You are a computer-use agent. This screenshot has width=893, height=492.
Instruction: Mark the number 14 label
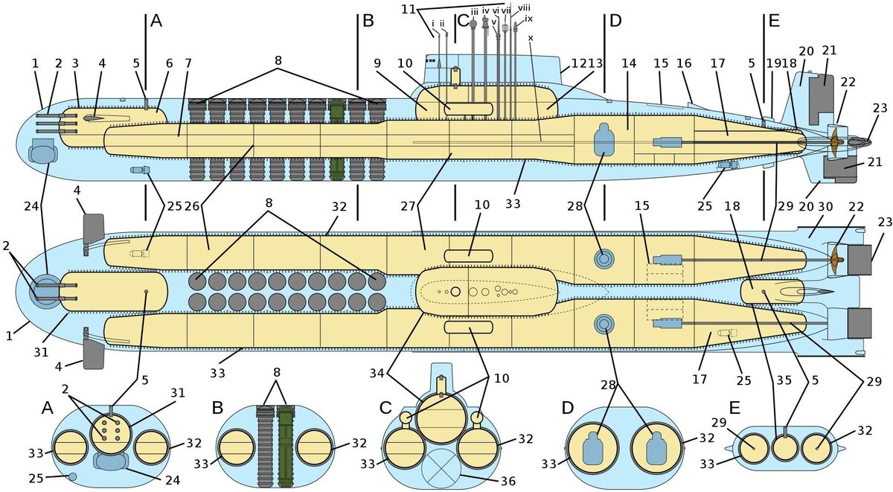pyautogui.click(x=629, y=64)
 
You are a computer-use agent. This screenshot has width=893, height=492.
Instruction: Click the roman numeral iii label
pyautogui.click(x=474, y=11)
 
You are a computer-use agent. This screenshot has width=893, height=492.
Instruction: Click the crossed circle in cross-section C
pyautogui.click(x=443, y=467)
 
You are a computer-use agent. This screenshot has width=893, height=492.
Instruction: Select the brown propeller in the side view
pyautogui.click(x=834, y=139)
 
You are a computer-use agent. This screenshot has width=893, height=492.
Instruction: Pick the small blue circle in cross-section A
pyautogui.click(x=73, y=476)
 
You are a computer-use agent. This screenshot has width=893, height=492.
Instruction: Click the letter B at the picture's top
pyautogui.click(x=367, y=21)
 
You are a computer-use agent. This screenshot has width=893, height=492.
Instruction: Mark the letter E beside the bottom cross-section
pyautogui.click(x=734, y=409)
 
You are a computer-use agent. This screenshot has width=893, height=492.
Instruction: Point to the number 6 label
pyautogui.click(x=160, y=64)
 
